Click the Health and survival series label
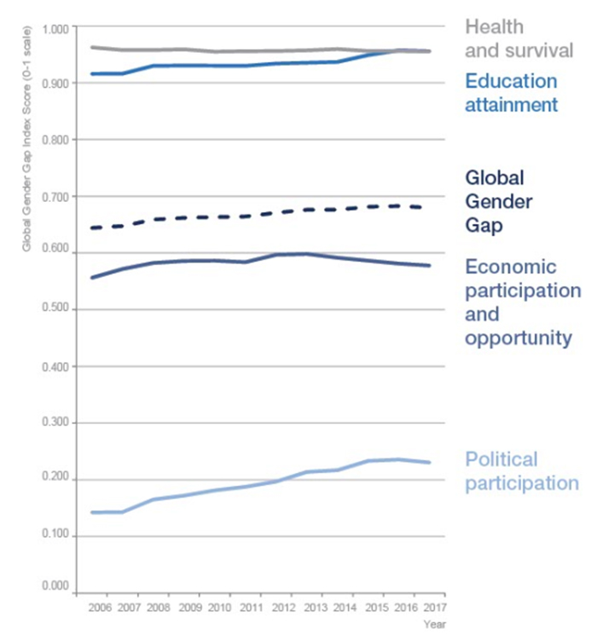pos(519,40)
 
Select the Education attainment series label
pos(511,93)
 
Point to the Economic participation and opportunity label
pos(522,303)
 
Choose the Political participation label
pos(521,471)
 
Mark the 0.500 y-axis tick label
pos(54,310)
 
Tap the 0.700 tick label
pos(54,197)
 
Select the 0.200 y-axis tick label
pos(54,480)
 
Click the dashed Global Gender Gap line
pos(256,215)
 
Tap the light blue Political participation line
pos(256,483)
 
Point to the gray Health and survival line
pos(256,51)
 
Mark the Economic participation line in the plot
pos(256,258)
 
